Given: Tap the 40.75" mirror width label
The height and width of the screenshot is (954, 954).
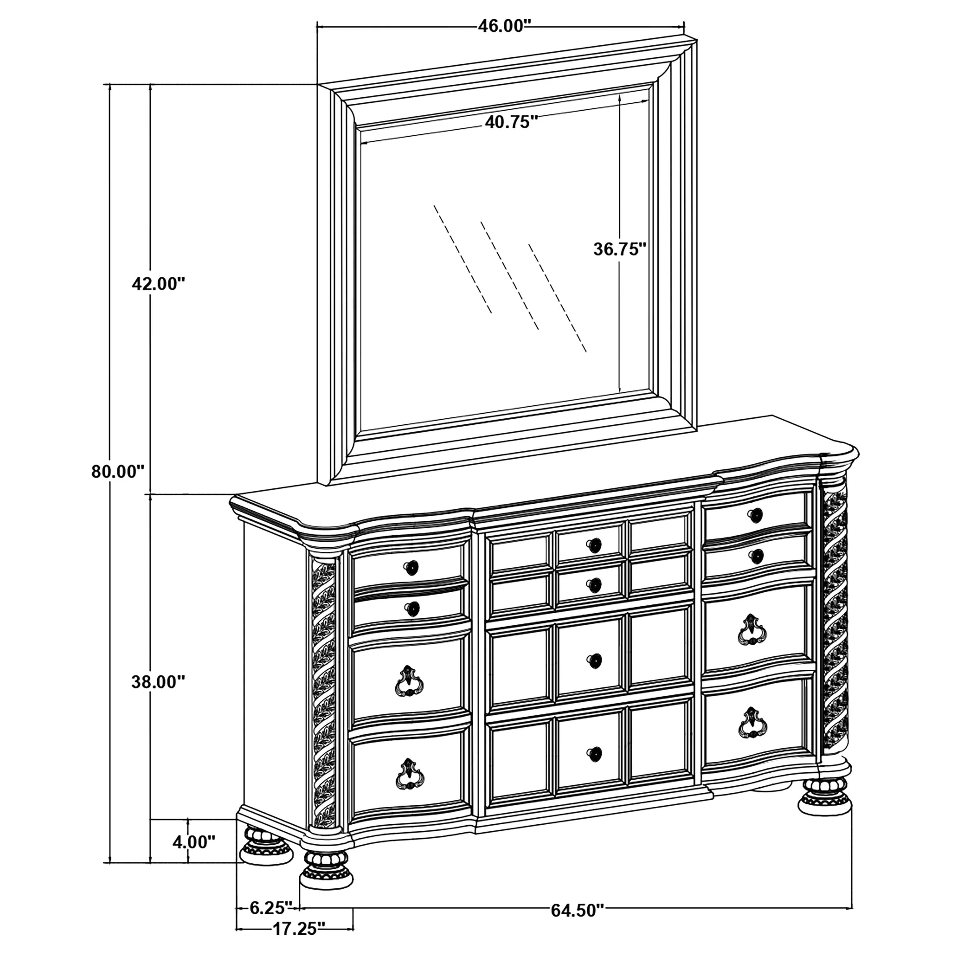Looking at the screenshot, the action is pos(511,122).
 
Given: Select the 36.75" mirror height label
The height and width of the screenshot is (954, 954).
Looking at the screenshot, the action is pos(620,249).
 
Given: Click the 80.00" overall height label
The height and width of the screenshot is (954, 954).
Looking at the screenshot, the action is pos(118,472).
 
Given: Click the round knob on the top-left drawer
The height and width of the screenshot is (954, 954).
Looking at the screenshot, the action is pos(411,568).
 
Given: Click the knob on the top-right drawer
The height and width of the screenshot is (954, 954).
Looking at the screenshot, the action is pos(754,516).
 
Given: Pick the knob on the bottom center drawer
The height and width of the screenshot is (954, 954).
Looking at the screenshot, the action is pos(595,754).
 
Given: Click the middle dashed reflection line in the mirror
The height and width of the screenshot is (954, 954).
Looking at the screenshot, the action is pos(509,276).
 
